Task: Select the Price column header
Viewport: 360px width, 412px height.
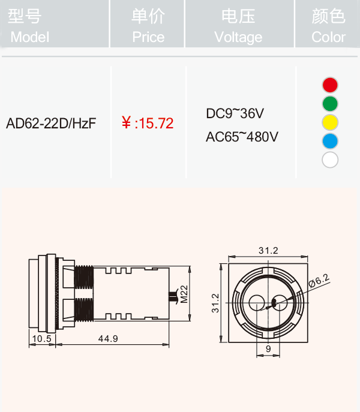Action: coord(148,26)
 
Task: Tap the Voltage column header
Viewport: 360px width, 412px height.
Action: coord(238,26)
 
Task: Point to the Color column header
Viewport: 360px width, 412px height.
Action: coord(328,26)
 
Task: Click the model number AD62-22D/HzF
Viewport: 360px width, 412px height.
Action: coord(51,123)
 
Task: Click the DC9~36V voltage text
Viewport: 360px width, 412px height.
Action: coord(235,113)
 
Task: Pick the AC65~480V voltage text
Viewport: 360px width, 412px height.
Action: coord(242,137)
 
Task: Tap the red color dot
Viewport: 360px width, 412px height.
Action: coord(330,85)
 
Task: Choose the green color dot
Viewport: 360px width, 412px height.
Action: coord(330,104)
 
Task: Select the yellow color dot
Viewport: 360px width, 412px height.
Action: coord(330,122)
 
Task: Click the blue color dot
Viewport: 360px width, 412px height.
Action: coord(330,141)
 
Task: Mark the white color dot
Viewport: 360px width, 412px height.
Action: coord(330,160)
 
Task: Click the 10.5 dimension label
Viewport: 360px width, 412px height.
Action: coord(41,338)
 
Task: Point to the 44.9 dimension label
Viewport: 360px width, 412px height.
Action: coord(108,338)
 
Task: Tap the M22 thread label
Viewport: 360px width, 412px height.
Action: coord(184,294)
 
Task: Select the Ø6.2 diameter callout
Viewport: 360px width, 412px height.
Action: coord(319,281)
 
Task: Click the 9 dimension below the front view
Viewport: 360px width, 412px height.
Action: coord(268,348)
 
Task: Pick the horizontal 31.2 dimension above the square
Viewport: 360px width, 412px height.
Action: coord(268,251)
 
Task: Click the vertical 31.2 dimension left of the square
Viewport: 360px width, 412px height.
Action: coord(215,303)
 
